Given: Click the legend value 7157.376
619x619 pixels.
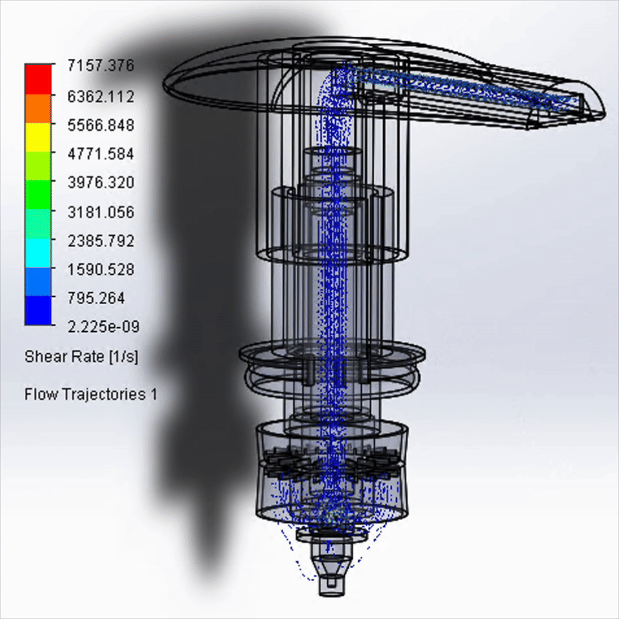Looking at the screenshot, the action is (101, 66).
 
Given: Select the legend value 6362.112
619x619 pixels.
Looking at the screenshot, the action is (101, 96).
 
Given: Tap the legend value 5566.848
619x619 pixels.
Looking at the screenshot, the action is (101, 125).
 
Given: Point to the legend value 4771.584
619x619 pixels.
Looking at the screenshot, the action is (101, 153).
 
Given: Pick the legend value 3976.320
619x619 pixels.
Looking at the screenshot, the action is (101, 183).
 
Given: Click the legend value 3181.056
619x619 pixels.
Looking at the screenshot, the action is (101, 212).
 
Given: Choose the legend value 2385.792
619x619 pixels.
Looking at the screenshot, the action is (101, 241).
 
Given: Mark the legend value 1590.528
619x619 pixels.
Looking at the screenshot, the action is (101, 269).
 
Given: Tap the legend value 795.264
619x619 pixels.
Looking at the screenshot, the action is (96, 298).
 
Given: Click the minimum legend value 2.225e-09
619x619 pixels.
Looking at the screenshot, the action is (104, 327).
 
